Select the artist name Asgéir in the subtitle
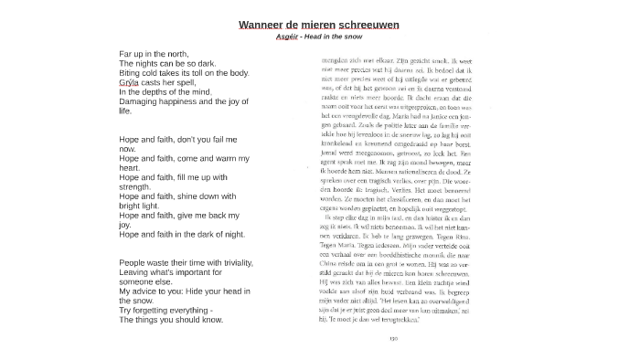tap(286, 37)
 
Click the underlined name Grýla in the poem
tap(129, 82)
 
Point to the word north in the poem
tap(177, 54)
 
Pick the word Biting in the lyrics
tap(130, 73)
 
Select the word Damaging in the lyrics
tap(138, 101)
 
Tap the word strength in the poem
tap(134, 187)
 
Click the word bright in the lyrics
tap(131, 206)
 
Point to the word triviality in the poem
tap(233, 263)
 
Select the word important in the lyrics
tap(198, 272)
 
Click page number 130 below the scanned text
tap(393, 339)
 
